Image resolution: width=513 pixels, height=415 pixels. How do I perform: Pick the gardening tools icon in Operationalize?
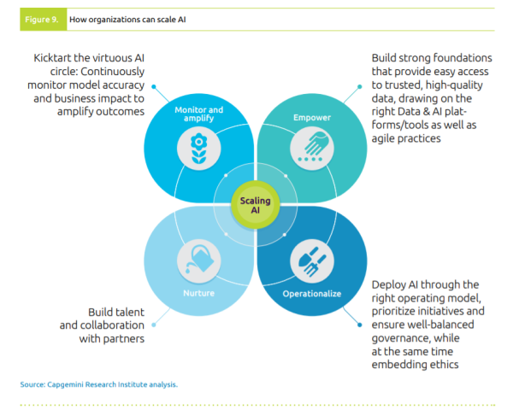coord(310,258)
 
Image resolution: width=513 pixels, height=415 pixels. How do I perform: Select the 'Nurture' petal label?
coord(198,294)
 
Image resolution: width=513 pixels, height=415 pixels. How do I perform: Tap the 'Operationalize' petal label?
coord(311,294)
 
